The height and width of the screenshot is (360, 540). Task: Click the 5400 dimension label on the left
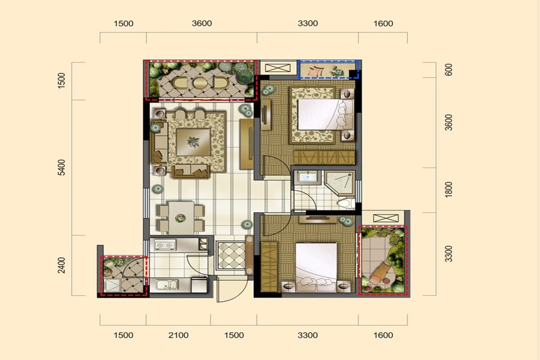click(x=61, y=167)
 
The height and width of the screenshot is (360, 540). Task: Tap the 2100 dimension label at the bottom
click(x=178, y=335)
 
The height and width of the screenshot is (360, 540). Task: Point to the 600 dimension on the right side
click(x=448, y=70)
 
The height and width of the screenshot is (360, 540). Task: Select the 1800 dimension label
click(x=448, y=190)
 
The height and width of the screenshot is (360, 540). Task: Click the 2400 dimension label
click(x=61, y=265)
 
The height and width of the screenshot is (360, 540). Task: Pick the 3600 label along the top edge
click(x=202, y=23)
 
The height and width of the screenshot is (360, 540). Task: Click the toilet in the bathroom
click(x=346, y=203)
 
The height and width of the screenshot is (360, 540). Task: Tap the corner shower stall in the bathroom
click(x=340, y=183)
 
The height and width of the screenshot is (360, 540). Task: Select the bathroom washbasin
click(x=308, y=177)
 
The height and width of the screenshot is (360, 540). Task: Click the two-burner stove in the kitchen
click(x=165, y=245)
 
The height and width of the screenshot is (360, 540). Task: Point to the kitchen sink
click(x=167, y=285)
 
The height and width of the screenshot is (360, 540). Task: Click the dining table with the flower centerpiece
click(x=181, y=218)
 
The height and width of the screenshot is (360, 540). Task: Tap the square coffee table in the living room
click(x=193, y=142)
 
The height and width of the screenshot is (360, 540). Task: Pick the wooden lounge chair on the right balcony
click(x=380, y=273)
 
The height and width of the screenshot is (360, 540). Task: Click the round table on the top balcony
click(x=200, y=83)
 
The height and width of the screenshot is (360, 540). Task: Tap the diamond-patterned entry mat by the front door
click(x=231, y=256)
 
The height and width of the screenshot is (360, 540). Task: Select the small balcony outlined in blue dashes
click(x=328, y=70)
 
